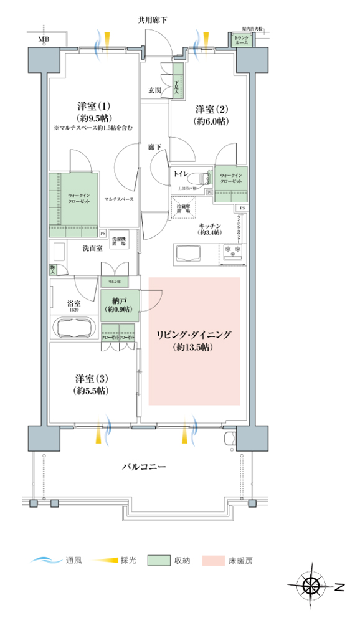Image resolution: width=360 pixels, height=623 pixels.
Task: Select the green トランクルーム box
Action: (x=240, y=40)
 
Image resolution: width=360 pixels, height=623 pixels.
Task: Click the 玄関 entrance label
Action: (x=155, y=90)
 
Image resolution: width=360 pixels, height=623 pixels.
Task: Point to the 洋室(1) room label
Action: (x=92, y=106)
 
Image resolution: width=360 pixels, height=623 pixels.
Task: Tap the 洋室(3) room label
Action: (x=91, y=379)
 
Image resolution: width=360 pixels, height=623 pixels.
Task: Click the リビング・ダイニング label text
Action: (x=194, y=335)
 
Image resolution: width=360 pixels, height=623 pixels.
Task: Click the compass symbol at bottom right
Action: (x=311, y=586)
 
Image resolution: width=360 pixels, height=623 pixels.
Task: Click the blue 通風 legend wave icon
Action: (x=45, y=560)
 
